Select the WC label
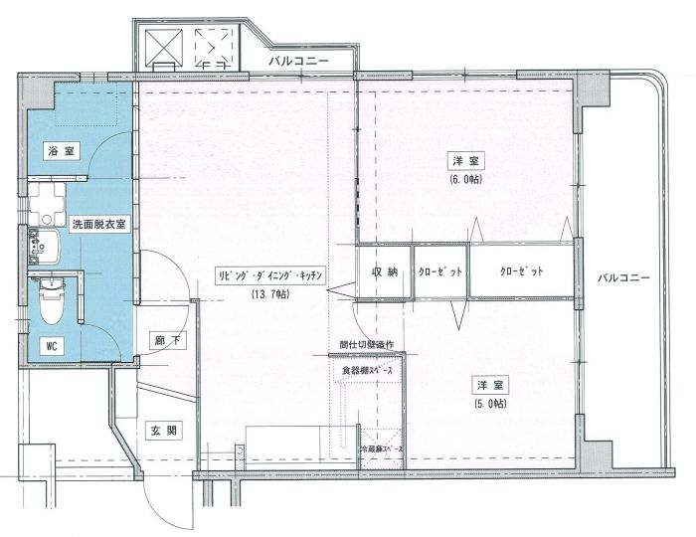coord(51,345)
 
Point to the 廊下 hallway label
coord(166,341)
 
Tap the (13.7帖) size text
coord(266,295)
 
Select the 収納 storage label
coord(385,271)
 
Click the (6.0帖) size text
coord(465,179)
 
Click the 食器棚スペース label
coord(368,371)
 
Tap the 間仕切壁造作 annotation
coord(367,345)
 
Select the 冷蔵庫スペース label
coord(383,449)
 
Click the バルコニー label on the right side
coord(623,277)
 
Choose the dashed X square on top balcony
coord(212,46)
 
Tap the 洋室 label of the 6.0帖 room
coord(464,161)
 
